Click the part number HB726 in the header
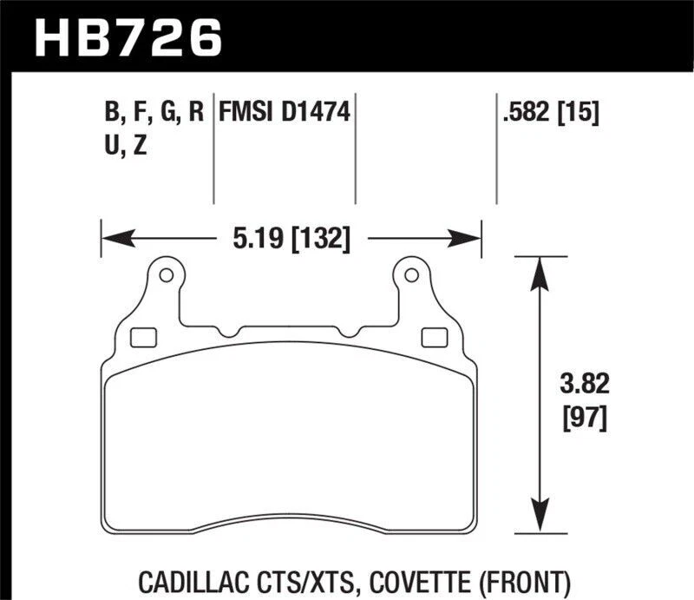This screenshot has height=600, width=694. point(128,36)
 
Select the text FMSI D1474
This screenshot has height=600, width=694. point(285,113)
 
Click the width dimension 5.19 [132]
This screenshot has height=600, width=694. point(291,237)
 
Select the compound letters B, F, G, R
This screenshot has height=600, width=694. point(153,113)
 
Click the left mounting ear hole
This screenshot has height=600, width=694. point(167,277)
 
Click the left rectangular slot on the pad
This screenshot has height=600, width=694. point(140,337)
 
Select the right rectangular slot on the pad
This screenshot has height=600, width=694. point(432,337)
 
